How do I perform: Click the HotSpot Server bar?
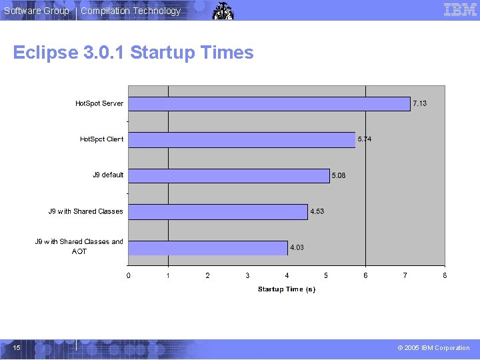pyautogui.click(x=269, y=104)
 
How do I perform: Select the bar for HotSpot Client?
pyautogui.click(x=241, y=139)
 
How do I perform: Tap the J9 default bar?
pyautogui.click(x=229, y=175)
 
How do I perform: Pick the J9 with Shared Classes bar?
pyautogui.click(x=218, y=211)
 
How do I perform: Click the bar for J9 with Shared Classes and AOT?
pyautogui.click(x=208, y=247)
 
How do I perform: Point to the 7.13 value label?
pyautogui.click(x=420, y=103)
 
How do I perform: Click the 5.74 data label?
pyautogui.click(x=365, y=139)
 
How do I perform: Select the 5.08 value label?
pyautogui.click(x=339, y=175)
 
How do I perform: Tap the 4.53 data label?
pyautogui.click(x=317, y=211)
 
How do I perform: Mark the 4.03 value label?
pyautogui.click(x=297, y=247)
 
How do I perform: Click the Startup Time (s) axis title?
pyautogui.click(x=287, y=289)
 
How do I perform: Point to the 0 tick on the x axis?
pyautogui.click(x=129, y=275)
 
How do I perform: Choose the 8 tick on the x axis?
pyautogui.click(x=445, y=275)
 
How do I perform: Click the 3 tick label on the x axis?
pyautogui.click(x=247, y=275)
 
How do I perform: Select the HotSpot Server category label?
pyautogui.click(x=99, y=103)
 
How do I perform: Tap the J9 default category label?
pyautogui.click(x=108, y=175)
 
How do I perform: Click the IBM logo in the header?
pyautogui.click(x=460, y=9)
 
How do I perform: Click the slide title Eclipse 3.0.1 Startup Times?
pyautogui.click(x=133, y=53)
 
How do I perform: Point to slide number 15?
pyautogui.click(x=17, y=347)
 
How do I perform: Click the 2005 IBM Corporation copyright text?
pyautogui.click(x=433, y=347)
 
